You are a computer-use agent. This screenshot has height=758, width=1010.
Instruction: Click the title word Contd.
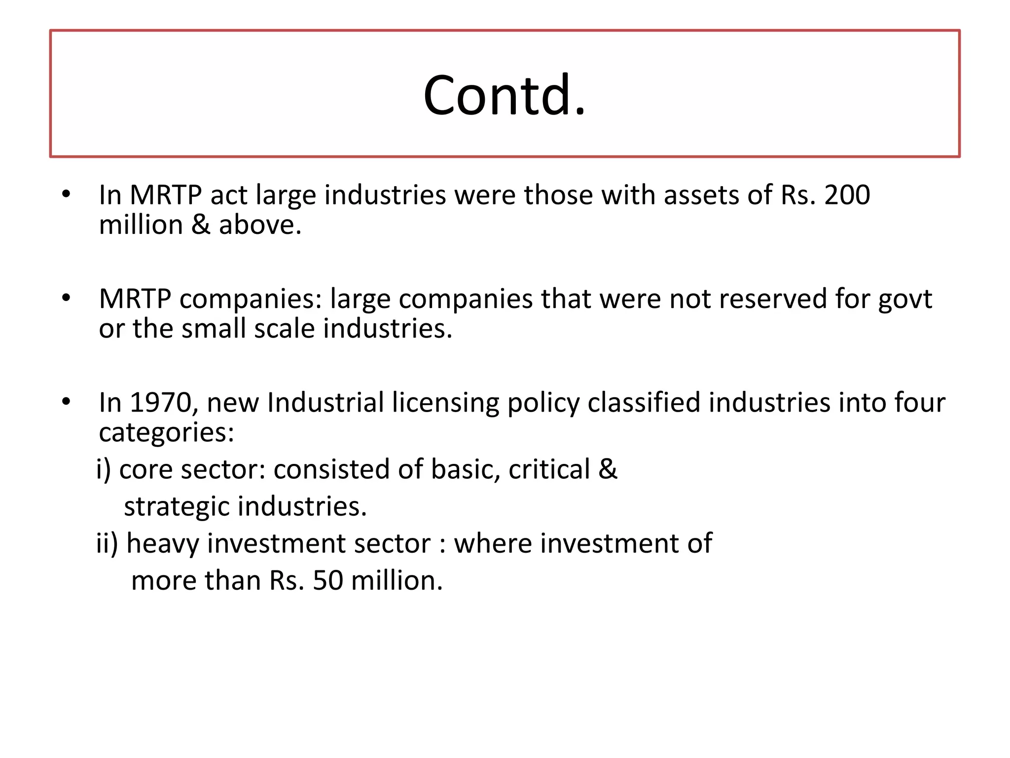(504, 95)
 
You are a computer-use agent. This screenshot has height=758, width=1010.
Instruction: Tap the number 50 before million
(327, 580)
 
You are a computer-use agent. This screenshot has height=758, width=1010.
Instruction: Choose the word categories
(166, 433)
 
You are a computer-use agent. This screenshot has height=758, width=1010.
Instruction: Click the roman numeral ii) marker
(107, 543)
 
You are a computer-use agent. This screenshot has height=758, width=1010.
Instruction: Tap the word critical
(549, 469)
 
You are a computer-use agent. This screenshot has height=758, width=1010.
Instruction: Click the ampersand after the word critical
(608, 469)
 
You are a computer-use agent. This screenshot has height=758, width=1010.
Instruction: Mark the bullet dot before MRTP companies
(67, 298)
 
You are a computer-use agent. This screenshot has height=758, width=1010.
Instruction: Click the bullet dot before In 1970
(67, 402)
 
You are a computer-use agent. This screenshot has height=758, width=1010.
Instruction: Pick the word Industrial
(325, 403)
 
